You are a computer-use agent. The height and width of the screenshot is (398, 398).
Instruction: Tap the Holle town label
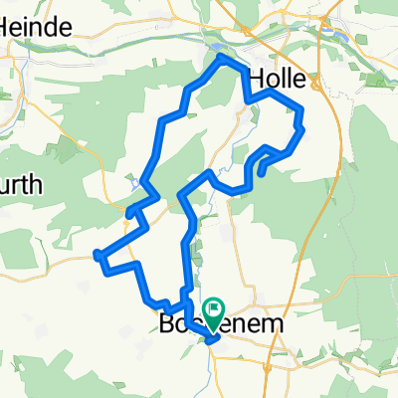coord(280,78)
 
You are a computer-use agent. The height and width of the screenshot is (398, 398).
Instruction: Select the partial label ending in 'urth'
coord(20,184)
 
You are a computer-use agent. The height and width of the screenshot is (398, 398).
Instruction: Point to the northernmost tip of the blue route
coord(221,58)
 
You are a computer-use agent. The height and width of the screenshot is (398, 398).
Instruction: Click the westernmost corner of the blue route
coord(96,255)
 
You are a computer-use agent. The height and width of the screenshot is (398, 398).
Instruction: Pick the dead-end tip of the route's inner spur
coord(261,173)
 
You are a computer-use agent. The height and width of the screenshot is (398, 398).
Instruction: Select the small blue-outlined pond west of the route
coord(133,183)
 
